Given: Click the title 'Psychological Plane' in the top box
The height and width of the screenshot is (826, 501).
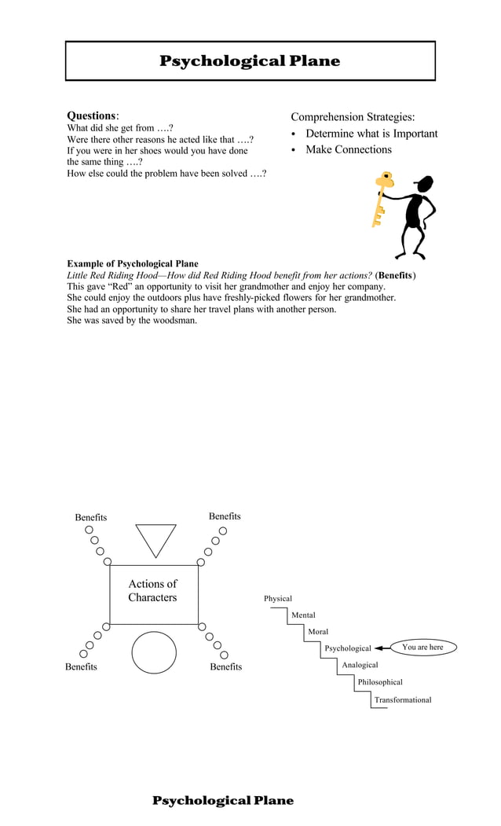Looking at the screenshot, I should click(250, 61).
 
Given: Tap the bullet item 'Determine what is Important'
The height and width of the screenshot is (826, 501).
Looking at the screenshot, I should click(371, 134).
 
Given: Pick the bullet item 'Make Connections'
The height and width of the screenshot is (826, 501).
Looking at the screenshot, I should click(348, 149).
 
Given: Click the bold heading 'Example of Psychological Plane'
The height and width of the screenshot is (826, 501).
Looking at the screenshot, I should click(133, 264).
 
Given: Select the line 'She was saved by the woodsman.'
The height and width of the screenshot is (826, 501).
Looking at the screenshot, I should click(132, 320).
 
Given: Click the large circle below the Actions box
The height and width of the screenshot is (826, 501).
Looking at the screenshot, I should click(154, 652).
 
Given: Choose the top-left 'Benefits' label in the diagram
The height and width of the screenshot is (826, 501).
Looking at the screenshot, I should click(91, 517).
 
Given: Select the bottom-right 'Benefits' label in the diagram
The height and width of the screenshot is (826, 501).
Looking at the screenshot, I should click(226, 666).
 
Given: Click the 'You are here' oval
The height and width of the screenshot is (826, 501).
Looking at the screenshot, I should click(422, 648).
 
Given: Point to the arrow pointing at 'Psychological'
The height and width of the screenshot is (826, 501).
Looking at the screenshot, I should click(382, 648).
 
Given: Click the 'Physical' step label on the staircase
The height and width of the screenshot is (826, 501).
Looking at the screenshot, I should click(277, 599).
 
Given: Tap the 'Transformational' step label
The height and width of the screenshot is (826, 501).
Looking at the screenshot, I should click(402, 699).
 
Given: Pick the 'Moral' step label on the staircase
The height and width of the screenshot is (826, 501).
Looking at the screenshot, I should click(318, 632).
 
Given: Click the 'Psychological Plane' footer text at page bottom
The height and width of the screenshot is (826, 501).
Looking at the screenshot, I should click(223, 800).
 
